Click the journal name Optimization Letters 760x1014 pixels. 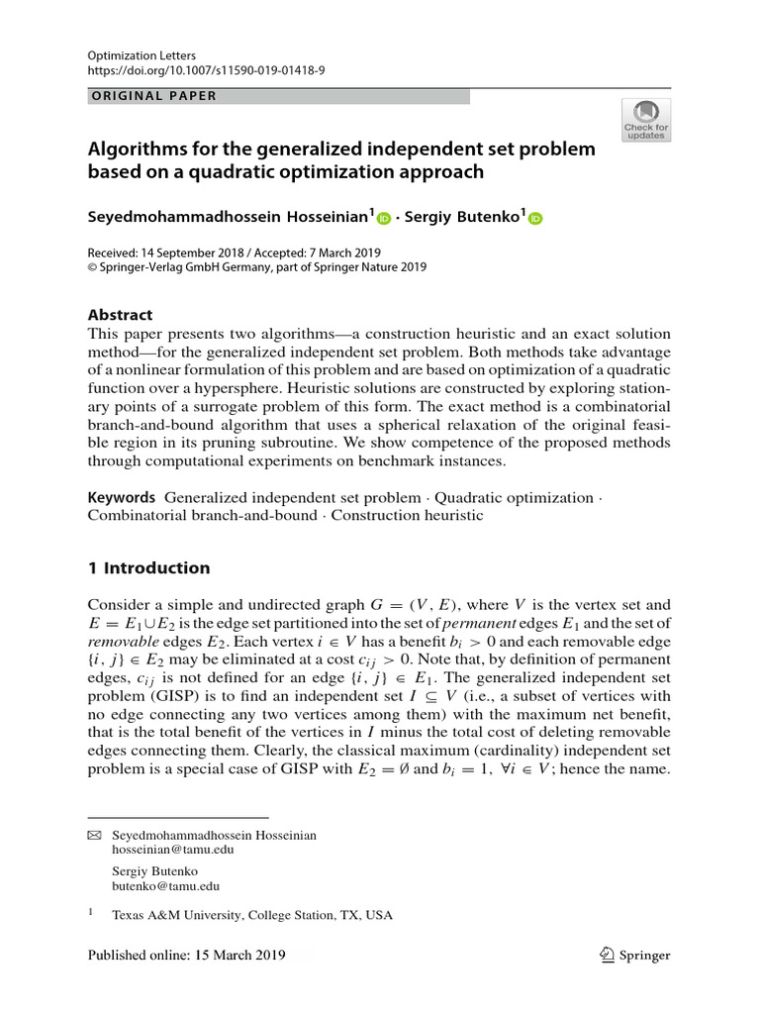tap(141, 57)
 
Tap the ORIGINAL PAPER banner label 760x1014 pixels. tap(153, 96)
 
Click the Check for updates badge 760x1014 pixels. tap(645, 120)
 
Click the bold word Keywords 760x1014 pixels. tap(122, 497)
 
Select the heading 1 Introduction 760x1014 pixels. tap(149, 568)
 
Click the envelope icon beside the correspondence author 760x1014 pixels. tap(95, 836)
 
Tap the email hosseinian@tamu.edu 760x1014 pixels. tap(166, 851)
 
